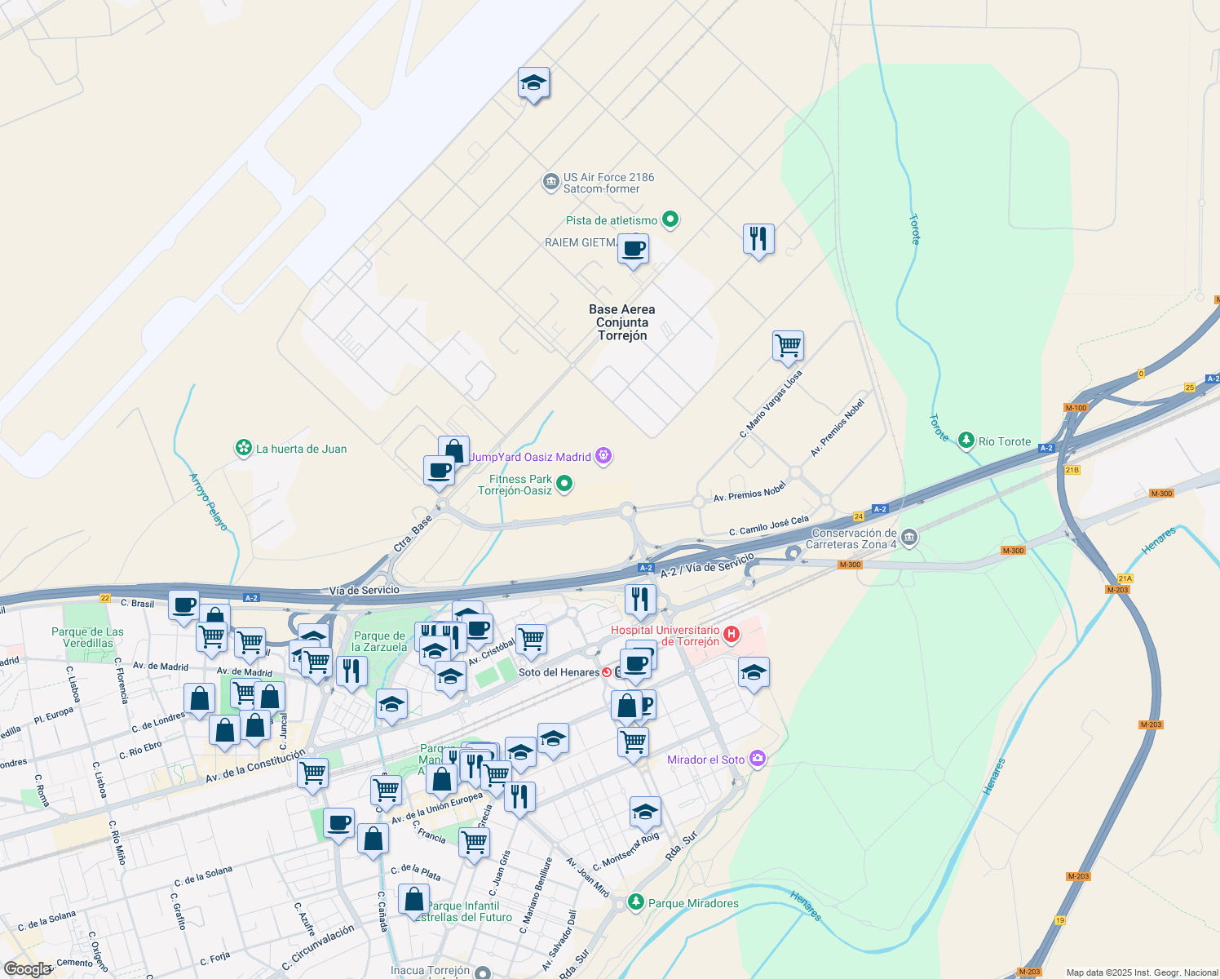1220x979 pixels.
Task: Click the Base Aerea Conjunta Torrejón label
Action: [x=621, y=322]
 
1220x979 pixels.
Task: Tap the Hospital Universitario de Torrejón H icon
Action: [x=732, y=634]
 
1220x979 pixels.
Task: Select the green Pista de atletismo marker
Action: [x=670, y=219]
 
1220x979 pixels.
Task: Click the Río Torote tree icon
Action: [x=966, y=441]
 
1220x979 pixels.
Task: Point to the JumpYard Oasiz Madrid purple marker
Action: [x=603, y=456]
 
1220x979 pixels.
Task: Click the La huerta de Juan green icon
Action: [x=243, y=448]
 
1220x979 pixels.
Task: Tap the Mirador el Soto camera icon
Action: [x=758, y=759]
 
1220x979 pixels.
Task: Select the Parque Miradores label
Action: [x=693, y=903]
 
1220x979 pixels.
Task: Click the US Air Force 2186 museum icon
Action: [x=551, y=181]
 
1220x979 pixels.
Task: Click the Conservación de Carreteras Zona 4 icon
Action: [x=910, y=538]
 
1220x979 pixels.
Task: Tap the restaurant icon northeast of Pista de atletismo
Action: [x=758, y=239]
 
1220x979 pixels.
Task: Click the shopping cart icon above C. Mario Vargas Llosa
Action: [x=788, y=345]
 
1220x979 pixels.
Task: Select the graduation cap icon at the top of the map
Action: [x=533, y=82]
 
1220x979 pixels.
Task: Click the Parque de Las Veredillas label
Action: [x=87, y=637]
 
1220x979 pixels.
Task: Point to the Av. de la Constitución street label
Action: [x=255, y=765]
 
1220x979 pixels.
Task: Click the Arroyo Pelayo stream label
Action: [x=209, y=502]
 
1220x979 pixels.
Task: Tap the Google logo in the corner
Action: [x=27, y=969]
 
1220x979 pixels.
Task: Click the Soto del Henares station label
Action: [x=559, y=672]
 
